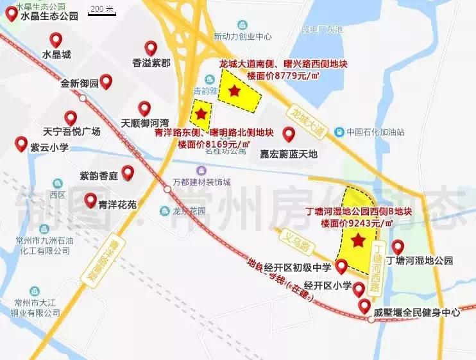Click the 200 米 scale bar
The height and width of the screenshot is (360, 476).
pos(101,11)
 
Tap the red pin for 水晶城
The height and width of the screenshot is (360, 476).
pos(56,40)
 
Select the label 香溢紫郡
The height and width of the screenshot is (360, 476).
pos(151,63)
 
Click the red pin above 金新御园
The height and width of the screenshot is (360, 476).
pos(106,81)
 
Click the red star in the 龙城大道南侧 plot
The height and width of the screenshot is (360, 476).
pos(235,91)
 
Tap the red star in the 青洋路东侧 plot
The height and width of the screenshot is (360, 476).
pos(201,114)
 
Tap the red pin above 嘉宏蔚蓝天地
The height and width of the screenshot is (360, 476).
pos(289,134)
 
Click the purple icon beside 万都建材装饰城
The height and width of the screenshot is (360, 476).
pos(201,170)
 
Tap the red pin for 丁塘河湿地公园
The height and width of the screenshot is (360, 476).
pos(398,246)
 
